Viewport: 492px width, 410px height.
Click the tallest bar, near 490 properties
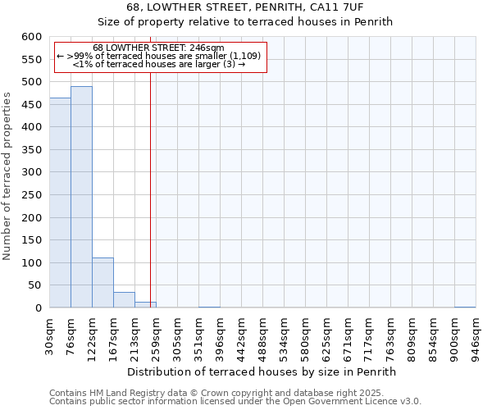[81, 197]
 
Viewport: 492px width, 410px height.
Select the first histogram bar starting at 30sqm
[60, 203]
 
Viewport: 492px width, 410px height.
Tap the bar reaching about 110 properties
[102, 283]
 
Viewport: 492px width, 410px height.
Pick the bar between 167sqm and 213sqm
[124, 300]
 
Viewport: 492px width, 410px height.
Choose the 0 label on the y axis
[38, 308]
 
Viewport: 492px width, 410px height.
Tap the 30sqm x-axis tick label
[50, 334]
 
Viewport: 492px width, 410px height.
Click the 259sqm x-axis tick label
[157, 336]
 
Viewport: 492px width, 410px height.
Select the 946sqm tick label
[476, 336]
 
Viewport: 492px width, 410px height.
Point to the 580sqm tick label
[306, 336]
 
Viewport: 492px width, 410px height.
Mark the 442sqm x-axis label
[242, 336]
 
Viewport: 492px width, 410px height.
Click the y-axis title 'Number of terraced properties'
[7, 176]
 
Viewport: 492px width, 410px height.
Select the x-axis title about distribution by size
[262, 371]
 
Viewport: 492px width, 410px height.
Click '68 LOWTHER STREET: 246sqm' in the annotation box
[158, 48]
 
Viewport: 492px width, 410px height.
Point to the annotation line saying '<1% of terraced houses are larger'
[158, 64]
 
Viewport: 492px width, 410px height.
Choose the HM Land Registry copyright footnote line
[216, 393]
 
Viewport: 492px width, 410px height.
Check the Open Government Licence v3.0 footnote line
[235, 402]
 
